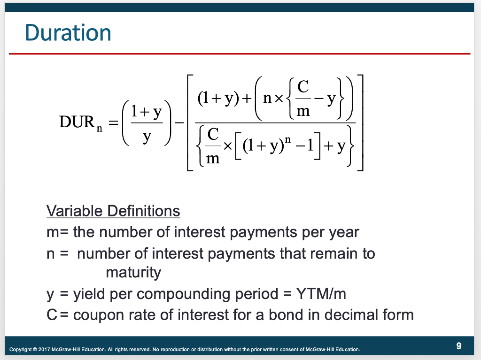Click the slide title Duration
pyautogui.click(x=68, y=33)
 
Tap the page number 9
pyautogui.click(x=458, y=346)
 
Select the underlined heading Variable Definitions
pyautogui.click(x=113, y=211)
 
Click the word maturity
pyautogui.click(x=133, y=273)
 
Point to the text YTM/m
pyautogui.click(x=321, y=294)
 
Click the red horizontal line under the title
pyautogui.click(x=240, y=54)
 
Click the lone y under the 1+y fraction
pyautogui.click(x=147, y=137)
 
